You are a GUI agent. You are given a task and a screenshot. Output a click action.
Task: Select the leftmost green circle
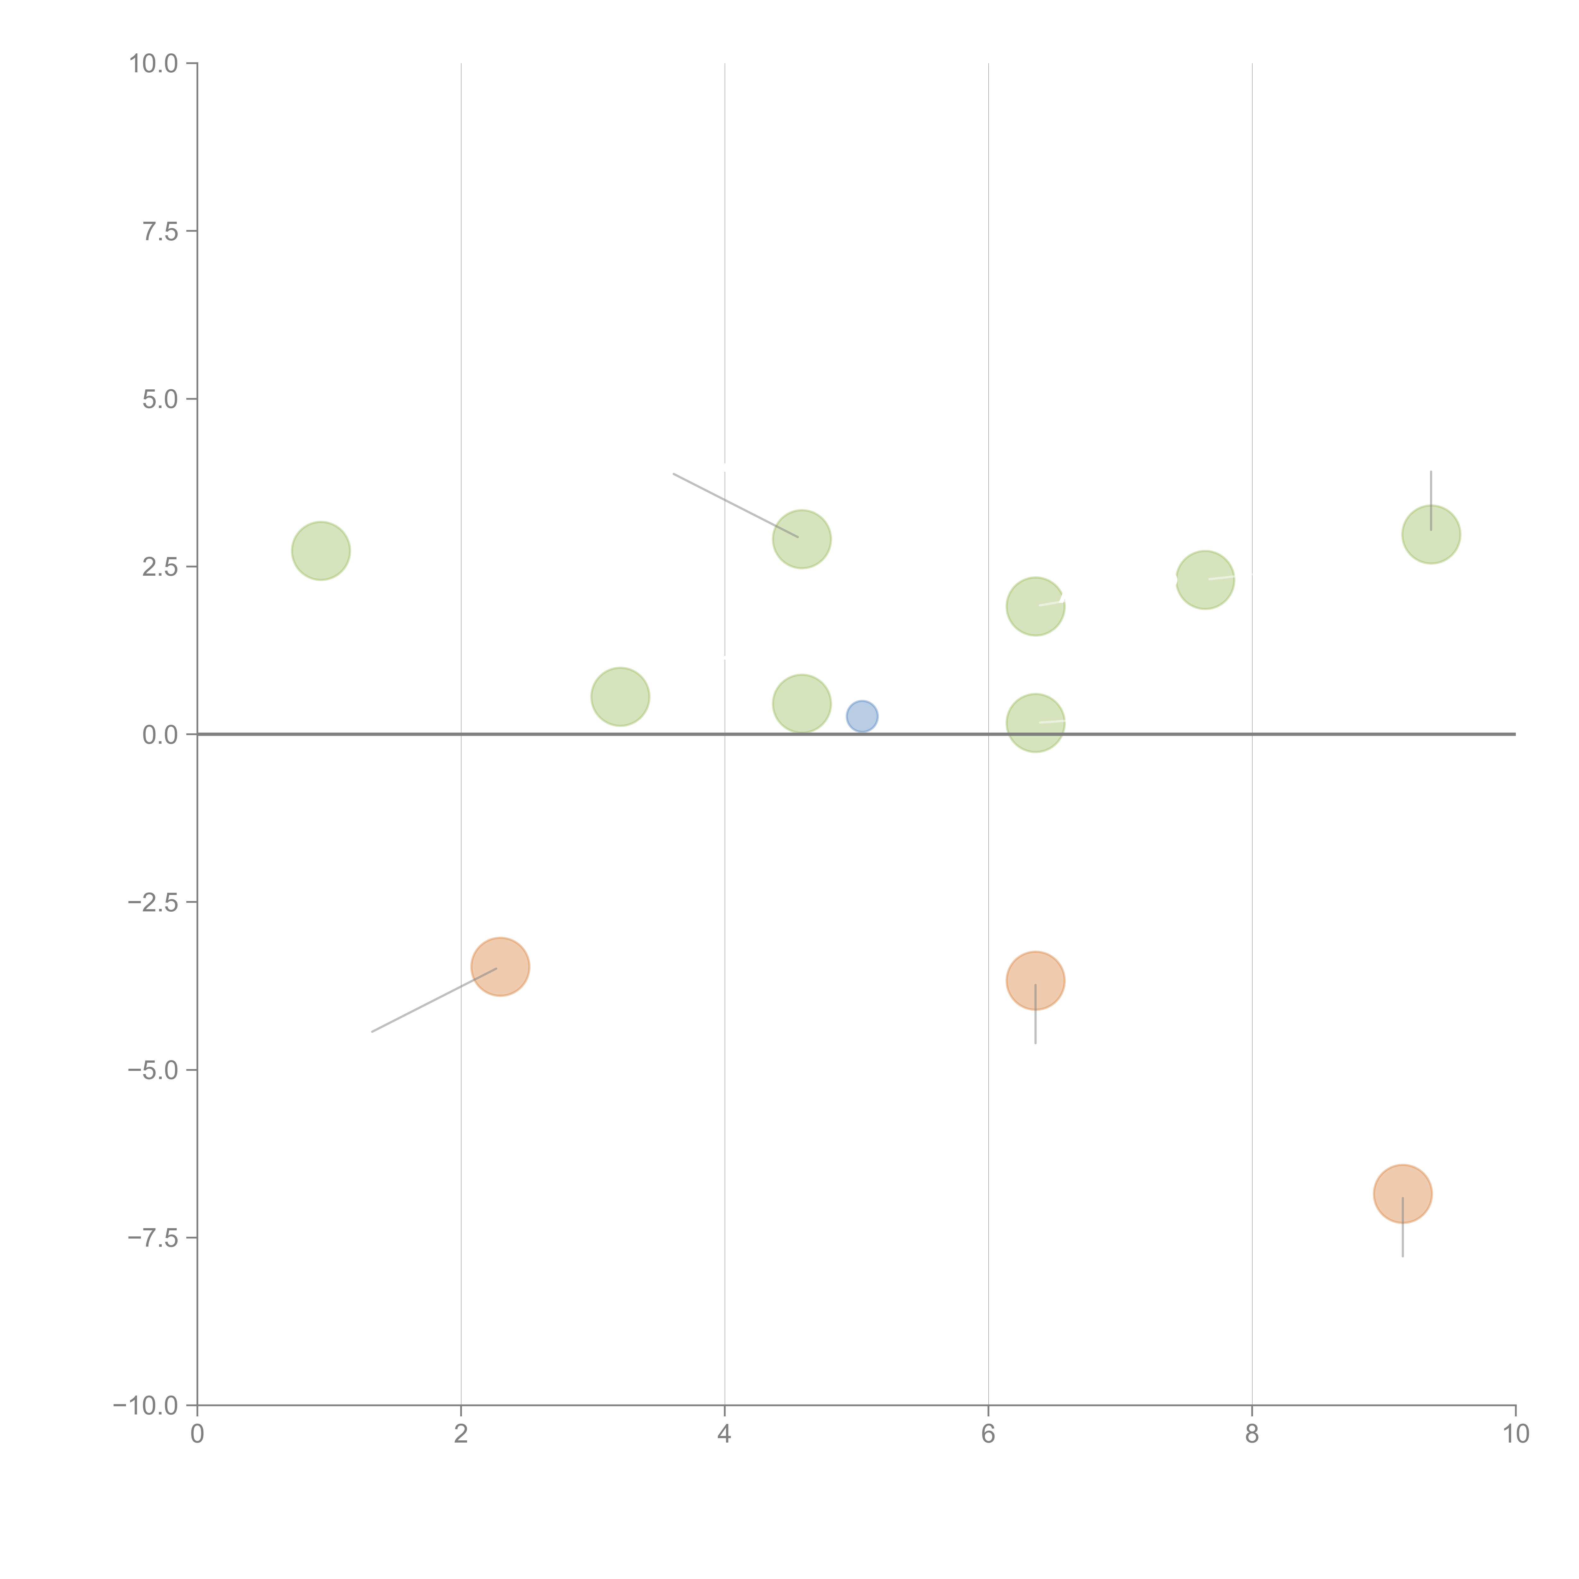(321, 551)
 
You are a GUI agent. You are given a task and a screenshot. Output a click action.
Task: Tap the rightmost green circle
(1431, 535)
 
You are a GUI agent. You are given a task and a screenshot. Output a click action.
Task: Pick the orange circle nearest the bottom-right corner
(1402, 1194)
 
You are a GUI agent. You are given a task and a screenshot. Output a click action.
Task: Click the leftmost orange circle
(500, 967)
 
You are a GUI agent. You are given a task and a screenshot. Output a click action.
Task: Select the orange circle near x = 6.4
(1036, 981)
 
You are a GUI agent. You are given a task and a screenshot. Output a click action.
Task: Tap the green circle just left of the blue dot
(802, 704)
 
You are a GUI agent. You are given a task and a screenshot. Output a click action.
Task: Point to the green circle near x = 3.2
(620, 696)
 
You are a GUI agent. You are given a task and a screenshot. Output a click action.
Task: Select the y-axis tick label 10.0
(154, 64)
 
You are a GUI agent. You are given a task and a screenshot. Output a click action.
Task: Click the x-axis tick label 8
(1252, 1434)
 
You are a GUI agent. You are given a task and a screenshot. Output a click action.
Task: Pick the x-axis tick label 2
(461, 1434)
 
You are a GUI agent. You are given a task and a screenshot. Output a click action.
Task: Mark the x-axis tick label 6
(988, 1434)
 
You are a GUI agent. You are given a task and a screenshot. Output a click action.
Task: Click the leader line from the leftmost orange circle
(433, 1000)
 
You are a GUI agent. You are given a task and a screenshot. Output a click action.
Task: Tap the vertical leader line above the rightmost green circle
(1431, 490)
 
